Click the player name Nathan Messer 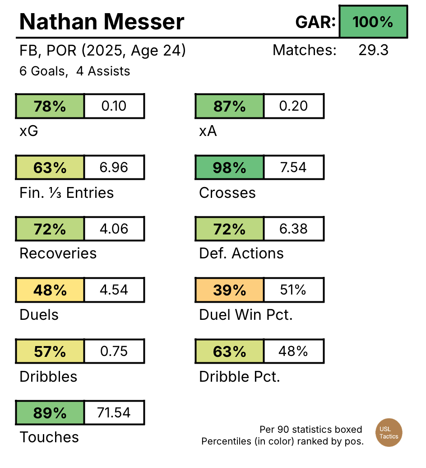pos(102,22)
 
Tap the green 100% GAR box pos(373,22)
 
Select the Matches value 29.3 pos(373,50)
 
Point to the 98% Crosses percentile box pos(229,168)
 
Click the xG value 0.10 pos(114,106)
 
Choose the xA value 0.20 pos(293,106)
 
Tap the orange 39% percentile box pos(229,290)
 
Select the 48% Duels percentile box pos(50,290)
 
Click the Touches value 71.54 pos(114,412)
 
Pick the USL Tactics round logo pos(389,433)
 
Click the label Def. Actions pos(241,253)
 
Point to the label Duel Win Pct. pos(245,315)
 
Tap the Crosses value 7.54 pos(293,168)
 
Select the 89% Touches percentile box pos(50,412)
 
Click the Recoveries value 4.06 pos(114,229)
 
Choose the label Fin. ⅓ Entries pos(66,193)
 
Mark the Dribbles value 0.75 pos(114,351)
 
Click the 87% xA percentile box pos(229,106)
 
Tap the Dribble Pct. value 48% pos(293,351)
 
